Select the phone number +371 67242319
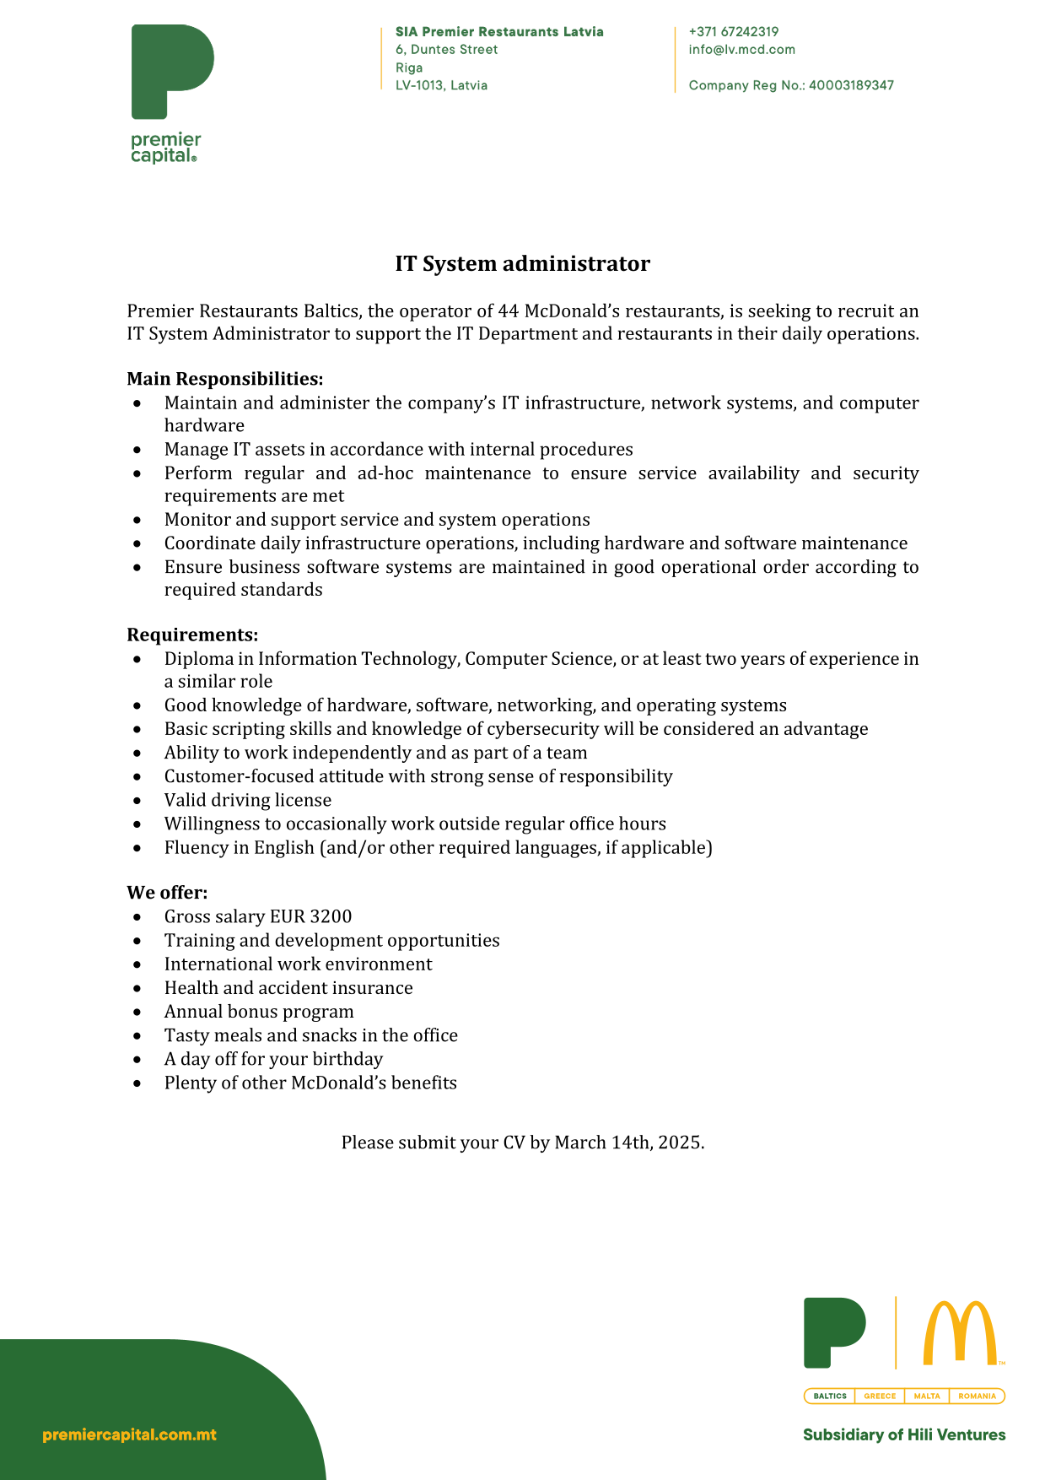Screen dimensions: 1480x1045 (x=733, y=32)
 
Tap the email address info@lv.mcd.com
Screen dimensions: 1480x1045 (x=741, y=50)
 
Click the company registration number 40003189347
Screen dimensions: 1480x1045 (x=851, y=85)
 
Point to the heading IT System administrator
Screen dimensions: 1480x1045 (x=522, y=264)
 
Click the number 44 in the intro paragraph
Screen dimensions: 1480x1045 (x=508, y=311)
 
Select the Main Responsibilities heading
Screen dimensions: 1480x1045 (x=224, y=379)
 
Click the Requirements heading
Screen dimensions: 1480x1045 (x=192, y=635)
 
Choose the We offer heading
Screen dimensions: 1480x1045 (x=167, y=893)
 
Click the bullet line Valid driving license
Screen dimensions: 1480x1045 (x=247, y=800)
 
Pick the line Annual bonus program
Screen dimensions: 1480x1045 (x=258, y=1012)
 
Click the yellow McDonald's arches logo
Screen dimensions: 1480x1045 (x=960, y=1332)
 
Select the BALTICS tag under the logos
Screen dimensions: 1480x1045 (x=830, y=1396)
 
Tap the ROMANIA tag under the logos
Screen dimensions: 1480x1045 (x=977, y=1396)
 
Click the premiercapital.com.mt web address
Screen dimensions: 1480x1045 (x=129, y=1434)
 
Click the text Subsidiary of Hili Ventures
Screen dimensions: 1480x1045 (x=903, y=1434)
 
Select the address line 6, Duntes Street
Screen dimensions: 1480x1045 (x=446, y=50)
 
